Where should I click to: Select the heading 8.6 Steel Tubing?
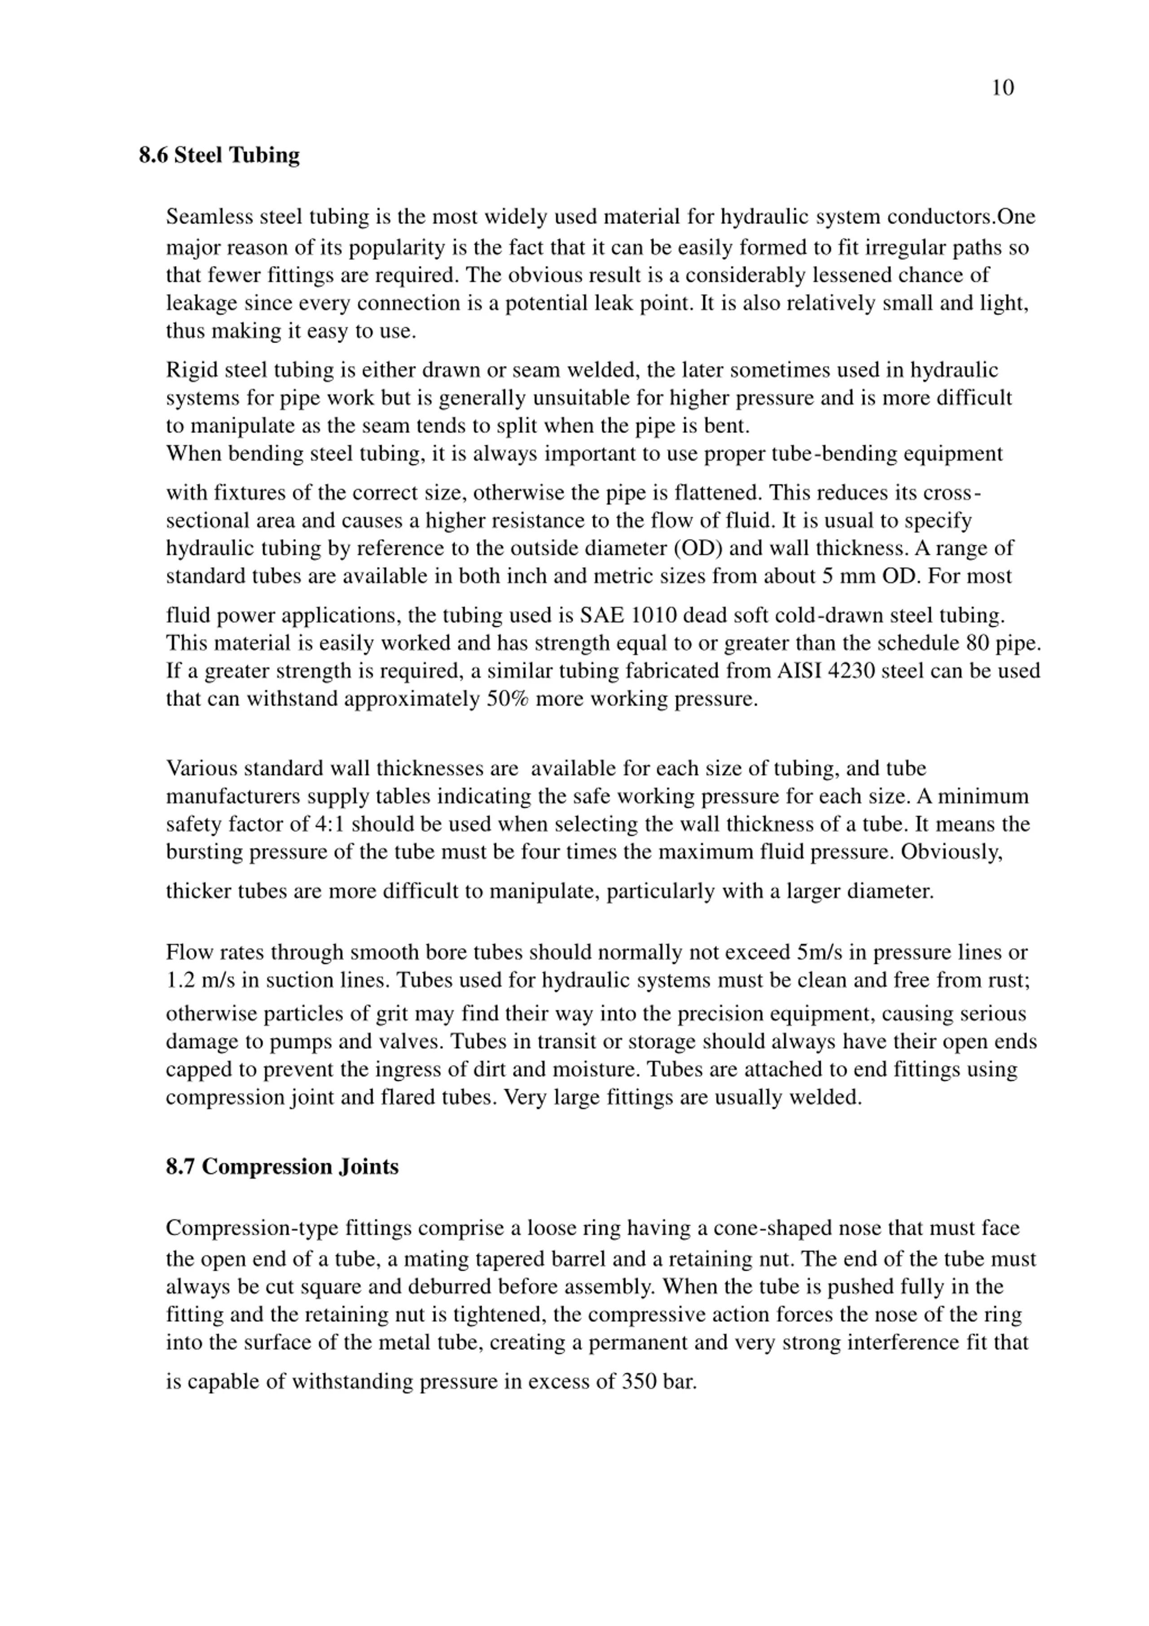(219, 155)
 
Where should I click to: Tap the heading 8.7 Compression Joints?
(282, 1166)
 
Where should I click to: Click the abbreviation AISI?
(799, 671)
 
